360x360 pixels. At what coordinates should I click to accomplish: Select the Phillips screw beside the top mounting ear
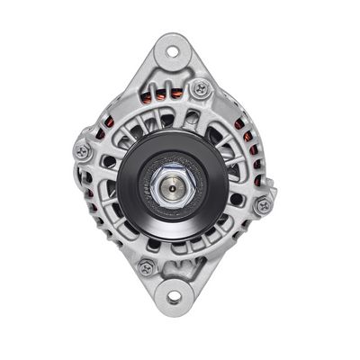(201, 88)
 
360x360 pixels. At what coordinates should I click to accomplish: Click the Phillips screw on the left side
(84, 152)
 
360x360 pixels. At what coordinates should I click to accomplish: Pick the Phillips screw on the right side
(263, 205)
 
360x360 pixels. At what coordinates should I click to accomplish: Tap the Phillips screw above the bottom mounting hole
(145, 266)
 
